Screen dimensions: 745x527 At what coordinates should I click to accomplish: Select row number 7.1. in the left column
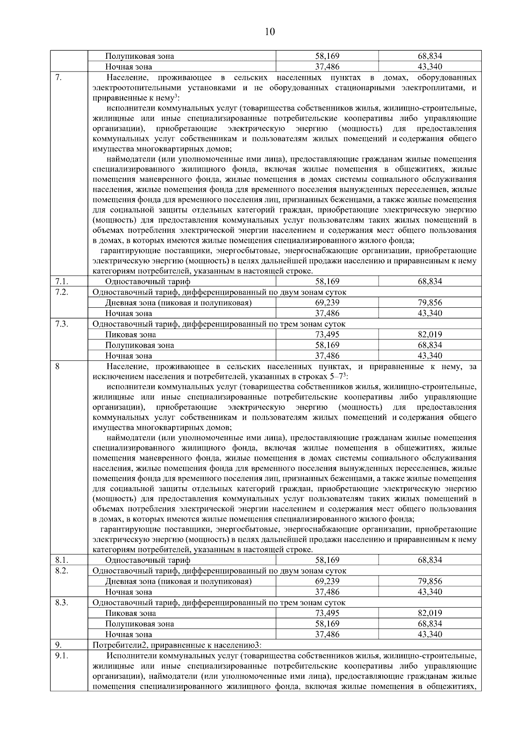click(x=61, y=281)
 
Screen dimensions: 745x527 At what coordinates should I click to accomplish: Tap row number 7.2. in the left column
click(x=61, y=292)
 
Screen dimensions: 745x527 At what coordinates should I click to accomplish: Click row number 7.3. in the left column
click(x=61, y=324)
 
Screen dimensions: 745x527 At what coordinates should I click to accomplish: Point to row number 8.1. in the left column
click(x=61, y=560)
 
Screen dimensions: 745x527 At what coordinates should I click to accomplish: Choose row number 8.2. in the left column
click(x=61, y=571)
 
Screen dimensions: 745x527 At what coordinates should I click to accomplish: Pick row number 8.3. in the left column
click(x=61, y=602)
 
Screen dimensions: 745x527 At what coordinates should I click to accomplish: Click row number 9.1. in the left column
click(x=61, y=656)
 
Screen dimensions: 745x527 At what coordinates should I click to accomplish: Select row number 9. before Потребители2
click(x=59, y=645)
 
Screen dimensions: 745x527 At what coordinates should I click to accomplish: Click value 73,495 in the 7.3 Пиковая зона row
click(x=327, y=335)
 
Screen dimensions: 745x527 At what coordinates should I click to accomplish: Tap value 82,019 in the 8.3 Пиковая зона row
click(x=430, y=613)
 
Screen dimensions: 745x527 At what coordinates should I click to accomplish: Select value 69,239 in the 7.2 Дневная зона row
click(x=327, y=302)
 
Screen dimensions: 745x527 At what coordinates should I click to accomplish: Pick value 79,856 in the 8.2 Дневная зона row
click(x=430, y=581)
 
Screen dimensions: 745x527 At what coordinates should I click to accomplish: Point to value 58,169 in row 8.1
click(x=327, y=560)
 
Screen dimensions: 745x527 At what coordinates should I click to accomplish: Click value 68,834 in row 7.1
click(x=430, y=281)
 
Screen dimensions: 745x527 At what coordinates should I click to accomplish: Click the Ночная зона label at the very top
click(x=129, y=67)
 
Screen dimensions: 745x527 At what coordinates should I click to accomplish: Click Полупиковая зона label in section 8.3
click(x=139, y=624)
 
